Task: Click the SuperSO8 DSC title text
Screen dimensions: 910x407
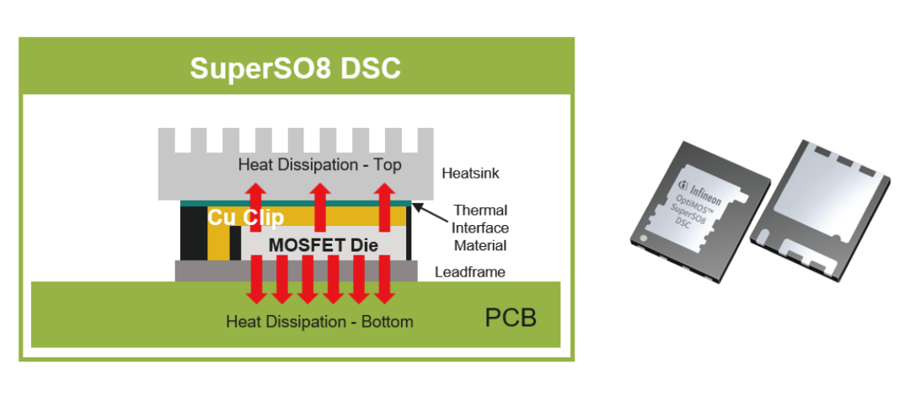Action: (x=296, y=68)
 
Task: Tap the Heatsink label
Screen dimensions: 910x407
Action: (x=471, y=173)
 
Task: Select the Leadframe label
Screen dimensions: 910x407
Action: (x=471, y=271)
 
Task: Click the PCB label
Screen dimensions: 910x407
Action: (x=511, y=319)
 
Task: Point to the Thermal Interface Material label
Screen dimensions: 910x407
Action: (x=480, y=227)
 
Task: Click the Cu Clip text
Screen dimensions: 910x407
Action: (x=246, y=217)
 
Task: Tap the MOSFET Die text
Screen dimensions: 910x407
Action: (x=324, y=245)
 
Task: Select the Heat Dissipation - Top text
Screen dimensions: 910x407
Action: (x=320, y=164)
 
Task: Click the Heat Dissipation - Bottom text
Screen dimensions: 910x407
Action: (x=320, y=321)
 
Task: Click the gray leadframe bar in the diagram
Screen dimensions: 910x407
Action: (x=296, y=270)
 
